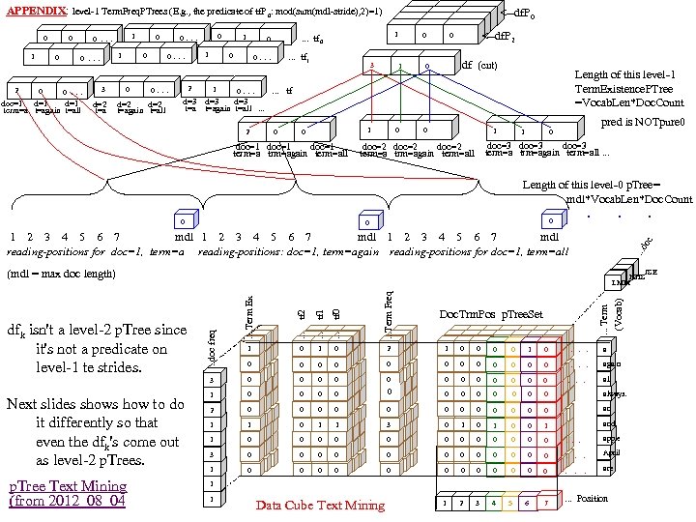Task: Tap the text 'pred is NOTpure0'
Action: (x=642, y=124)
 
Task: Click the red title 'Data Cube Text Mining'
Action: (x=320, y=505)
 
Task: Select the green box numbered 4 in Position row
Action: (x=492, y=503)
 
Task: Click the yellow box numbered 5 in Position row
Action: (x=510, y=503)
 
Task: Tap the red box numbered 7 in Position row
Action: (x=547, y=503)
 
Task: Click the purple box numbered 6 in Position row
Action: (x=529, y=503)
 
